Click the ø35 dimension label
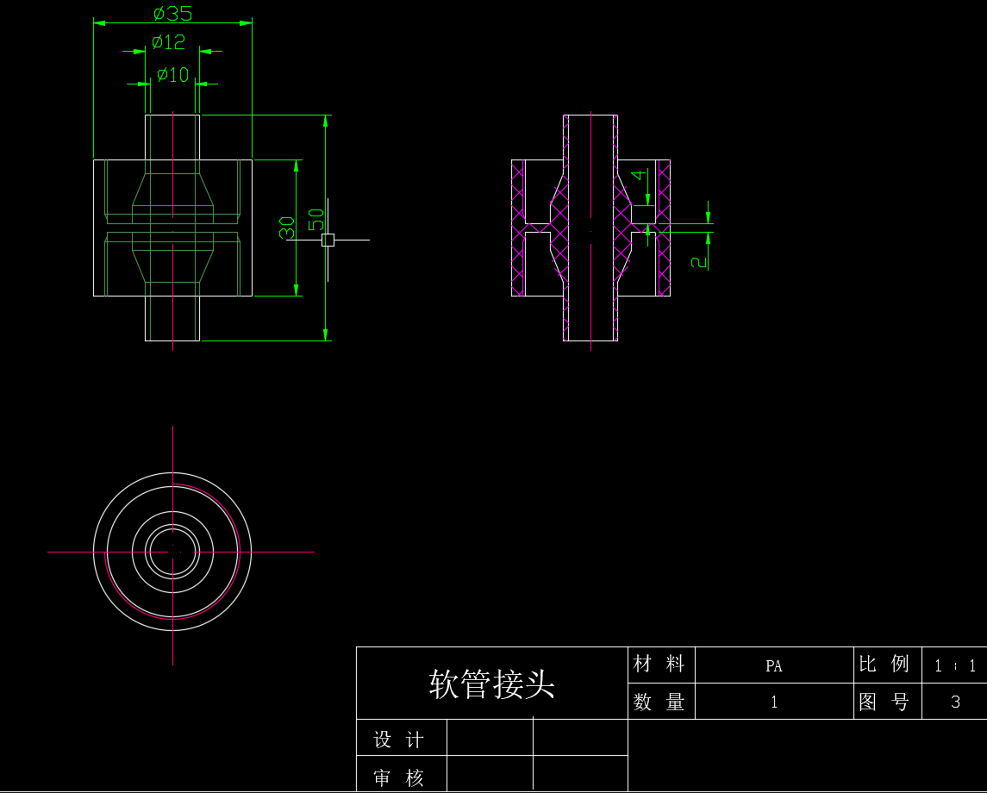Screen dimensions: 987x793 (172, 13)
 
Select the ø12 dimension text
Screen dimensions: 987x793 (169, 42)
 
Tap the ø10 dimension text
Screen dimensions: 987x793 (173, 75)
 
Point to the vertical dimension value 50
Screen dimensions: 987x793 (316, 220)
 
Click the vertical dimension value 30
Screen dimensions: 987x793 (286, 228)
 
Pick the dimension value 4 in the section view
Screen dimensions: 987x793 (639, 174)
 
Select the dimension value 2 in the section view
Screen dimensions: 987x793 (699, 262)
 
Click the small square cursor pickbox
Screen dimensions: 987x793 (328, 240)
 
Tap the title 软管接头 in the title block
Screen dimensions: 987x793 (491, 684)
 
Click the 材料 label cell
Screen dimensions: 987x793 (659, 664)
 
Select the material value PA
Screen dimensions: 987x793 (773, 666)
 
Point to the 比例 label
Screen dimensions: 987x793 (884, 664)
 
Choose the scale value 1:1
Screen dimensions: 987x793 (955, 666)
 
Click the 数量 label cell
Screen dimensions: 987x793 (659, 702)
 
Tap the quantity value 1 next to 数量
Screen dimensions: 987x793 (774, 702)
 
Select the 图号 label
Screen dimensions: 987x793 (884, 702)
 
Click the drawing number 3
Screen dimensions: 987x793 (955, 702)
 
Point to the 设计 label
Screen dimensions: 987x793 (399, 740)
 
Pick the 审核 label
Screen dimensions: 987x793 (399, 778)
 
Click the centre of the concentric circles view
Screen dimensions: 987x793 (172, 552)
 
